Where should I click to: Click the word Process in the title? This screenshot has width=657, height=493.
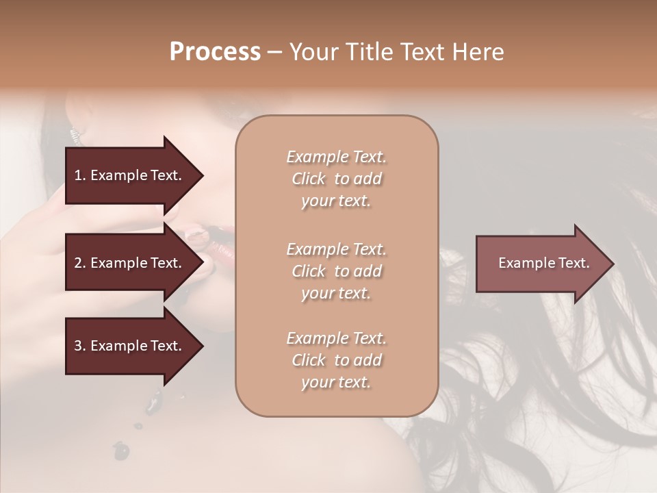215,52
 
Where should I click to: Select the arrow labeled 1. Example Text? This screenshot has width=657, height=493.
130,175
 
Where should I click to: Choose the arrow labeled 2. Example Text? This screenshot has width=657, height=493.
130,263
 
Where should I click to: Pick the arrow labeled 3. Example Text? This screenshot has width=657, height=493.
130,346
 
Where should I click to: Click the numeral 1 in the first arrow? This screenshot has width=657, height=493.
77,175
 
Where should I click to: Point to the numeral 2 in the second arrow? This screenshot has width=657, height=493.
77,263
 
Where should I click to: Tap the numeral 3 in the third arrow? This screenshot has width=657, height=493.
77,346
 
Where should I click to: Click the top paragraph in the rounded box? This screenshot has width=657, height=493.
336,179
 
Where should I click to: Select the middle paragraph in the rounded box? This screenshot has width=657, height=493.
336,271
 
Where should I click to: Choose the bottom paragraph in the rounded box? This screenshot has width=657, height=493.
336,360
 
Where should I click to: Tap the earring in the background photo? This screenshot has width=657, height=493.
73,134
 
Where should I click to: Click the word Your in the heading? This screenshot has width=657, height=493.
311,52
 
